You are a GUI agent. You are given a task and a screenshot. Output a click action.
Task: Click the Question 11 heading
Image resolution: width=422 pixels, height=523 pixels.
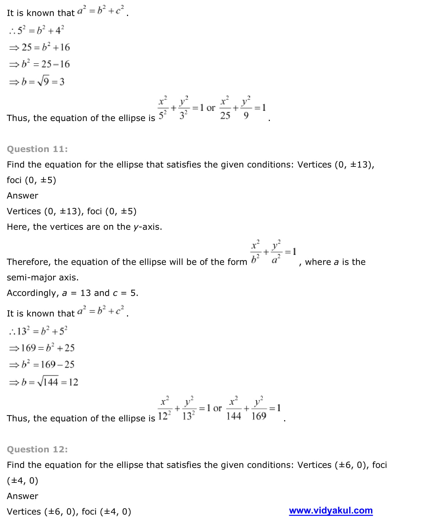point(37,149)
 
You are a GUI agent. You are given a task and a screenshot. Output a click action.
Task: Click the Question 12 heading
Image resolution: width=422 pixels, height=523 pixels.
point(37,450)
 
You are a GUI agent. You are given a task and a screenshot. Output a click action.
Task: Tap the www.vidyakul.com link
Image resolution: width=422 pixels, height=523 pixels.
point(331,511)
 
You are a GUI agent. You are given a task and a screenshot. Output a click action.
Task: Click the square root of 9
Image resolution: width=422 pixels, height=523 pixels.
point(43,82)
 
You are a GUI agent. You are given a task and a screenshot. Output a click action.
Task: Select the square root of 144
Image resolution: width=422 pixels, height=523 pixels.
point(48,382)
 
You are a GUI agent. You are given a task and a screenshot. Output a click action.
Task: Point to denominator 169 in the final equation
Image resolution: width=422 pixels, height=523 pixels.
point(259,416)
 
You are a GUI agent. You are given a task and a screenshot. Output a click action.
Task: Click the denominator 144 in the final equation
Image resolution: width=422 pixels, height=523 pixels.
point(234,416)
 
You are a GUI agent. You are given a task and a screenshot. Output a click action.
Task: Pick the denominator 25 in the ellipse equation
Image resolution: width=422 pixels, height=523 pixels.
point(225,116)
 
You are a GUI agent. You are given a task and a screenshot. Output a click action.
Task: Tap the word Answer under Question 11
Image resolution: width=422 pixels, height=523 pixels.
point(22,196)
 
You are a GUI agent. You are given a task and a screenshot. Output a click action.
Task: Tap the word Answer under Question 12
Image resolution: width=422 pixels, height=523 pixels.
point(22,496)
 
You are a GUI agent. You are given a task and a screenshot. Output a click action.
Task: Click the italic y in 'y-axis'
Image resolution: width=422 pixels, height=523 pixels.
point(136,227)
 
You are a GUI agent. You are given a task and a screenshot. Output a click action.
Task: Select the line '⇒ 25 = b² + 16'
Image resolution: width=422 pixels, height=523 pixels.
point(40,47)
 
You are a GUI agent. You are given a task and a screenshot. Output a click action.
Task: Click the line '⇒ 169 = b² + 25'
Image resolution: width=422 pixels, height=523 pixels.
point(42,348)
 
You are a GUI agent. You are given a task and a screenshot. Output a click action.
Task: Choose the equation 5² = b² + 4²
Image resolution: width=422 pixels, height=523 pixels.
point(37,30)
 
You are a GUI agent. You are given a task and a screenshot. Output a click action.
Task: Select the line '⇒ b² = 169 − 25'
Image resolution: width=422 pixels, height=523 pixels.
point(42,365)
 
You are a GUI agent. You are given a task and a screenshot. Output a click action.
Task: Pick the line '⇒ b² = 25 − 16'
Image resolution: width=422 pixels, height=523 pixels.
point(40,64)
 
